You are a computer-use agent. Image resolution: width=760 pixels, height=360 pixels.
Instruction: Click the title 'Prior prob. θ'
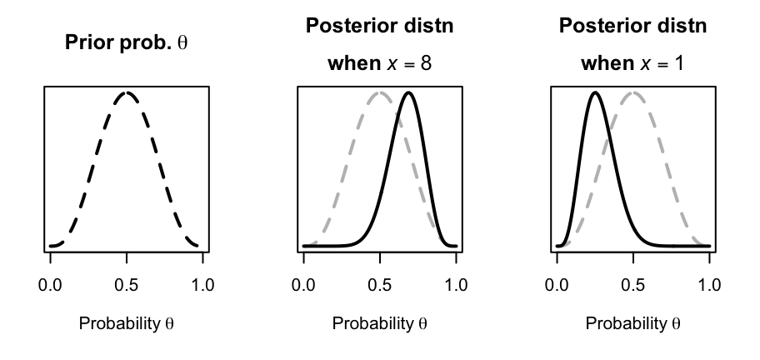tap(127, 42)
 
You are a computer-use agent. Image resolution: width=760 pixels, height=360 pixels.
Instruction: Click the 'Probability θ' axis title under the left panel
tap(127, 322)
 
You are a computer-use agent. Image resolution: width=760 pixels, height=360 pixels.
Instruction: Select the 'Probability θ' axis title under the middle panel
tap(380, 322)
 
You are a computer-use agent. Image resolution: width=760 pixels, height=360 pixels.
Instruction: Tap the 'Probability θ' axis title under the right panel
tap(633, 322)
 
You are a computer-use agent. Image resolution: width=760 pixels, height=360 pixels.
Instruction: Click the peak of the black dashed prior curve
tap(127, 92)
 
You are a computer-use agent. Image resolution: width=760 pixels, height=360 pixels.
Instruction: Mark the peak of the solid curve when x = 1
tap(595, 92)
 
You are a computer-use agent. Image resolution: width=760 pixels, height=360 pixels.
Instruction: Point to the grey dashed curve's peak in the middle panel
tap(380, 92)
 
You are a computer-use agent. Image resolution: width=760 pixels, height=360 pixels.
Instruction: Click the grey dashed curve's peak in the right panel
tap(633, 92)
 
